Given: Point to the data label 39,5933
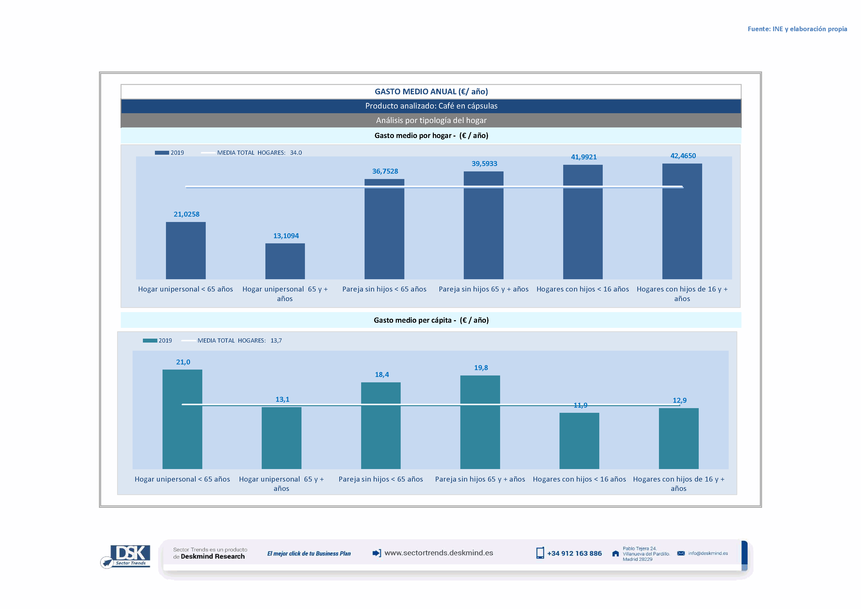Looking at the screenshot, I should [x=484, y=164].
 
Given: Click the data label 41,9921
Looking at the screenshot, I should [x=584, y=157].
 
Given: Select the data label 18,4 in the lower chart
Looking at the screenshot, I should [x=382, y=375].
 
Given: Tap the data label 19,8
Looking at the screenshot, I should [x=481, y=368].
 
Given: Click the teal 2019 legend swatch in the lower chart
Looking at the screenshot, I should [x=150, y=341].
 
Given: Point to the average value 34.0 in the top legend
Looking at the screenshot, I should [x=296, y=153].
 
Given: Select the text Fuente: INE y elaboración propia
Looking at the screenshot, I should [x=797, y=29].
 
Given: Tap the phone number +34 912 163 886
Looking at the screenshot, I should [x=574, y=554].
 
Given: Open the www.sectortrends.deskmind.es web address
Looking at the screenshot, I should [x=439, y=553].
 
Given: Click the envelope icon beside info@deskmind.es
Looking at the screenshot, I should [x=681, y=554].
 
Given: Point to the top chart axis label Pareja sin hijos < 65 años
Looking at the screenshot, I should [x=384, y=289].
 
